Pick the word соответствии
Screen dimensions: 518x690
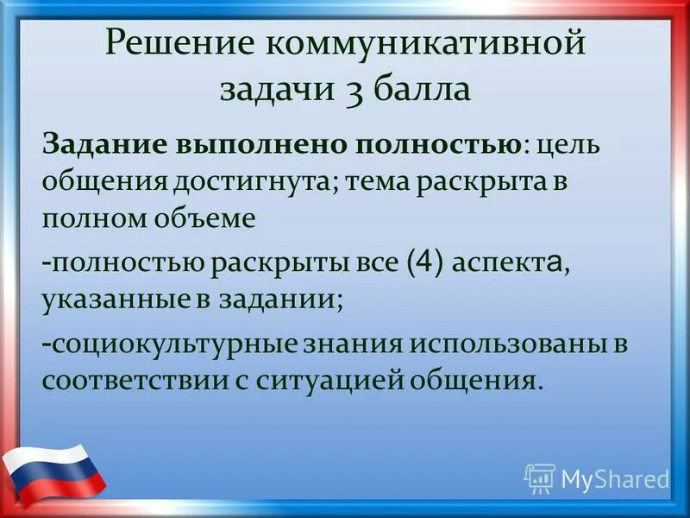pos(120,381)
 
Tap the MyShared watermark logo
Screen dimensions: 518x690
pos(597,478)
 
